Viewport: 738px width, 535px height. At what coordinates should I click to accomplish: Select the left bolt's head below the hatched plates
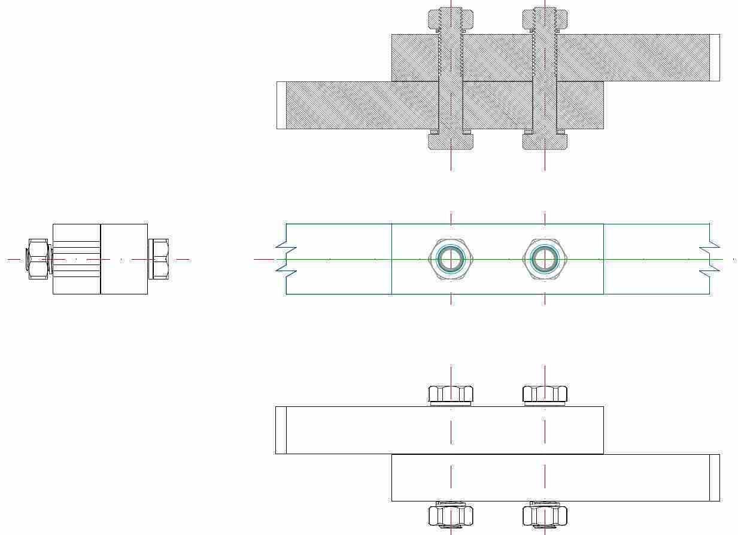tap(451, 142)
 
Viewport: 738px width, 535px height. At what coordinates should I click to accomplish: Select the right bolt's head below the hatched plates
tap(545, 142)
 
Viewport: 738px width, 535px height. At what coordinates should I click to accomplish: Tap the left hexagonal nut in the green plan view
tap(451, 259)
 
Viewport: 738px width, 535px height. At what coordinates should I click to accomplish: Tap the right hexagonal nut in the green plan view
tap(545, 259)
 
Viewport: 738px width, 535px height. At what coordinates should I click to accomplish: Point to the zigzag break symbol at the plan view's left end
tap(286, 259)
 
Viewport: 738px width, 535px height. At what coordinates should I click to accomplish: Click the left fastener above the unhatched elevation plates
tap(451, 394)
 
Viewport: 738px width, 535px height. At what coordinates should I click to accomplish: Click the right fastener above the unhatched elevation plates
tap(545, 394)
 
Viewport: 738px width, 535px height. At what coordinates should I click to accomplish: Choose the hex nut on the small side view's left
tap(38, 259)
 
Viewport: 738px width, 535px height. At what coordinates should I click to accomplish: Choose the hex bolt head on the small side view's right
tap(159, 259)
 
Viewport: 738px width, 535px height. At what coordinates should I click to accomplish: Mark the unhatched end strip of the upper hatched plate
tap(715, 57)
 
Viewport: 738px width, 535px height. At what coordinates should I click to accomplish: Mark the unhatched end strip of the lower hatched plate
tap(281, 105)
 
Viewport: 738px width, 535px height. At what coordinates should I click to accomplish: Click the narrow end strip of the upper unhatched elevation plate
tap(281, 430)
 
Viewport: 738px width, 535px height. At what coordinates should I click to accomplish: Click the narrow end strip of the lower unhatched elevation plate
tap(715, 478)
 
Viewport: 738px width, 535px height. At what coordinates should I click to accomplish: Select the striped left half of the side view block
tap(77, 259)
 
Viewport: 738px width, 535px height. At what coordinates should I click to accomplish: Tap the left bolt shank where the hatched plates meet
tap(451, 81)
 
